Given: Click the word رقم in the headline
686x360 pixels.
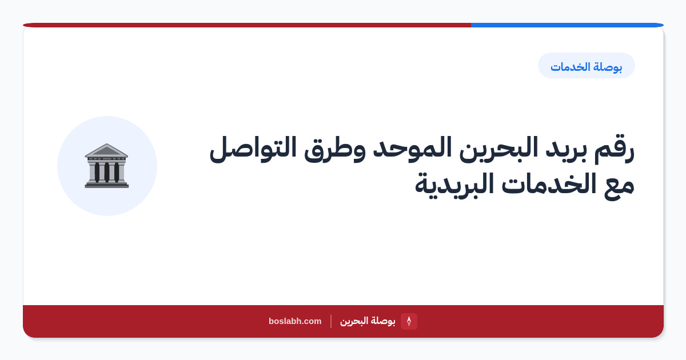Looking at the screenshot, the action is [614, 150].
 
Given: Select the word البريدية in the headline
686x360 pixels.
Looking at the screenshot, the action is [454, 186].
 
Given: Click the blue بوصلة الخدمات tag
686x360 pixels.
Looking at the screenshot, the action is [586, 66].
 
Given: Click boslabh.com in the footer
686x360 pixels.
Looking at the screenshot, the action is [295, 321].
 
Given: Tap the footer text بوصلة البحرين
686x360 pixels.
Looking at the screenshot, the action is [368, 321].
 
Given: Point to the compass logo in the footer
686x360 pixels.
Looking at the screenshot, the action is [409, 321].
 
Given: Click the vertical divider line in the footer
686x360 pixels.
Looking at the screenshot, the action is [331, 321].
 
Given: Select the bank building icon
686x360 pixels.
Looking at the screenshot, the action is [106, 166].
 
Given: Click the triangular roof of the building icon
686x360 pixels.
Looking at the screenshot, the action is [106, 150].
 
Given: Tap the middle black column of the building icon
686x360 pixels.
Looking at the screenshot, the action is [106, 173].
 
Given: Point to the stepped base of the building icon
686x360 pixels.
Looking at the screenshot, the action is [106, 185].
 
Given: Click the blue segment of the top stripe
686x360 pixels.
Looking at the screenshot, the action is [567, 25].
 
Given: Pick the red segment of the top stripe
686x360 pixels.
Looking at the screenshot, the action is [247, 25].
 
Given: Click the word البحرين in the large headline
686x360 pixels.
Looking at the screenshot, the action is [498, 149].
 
